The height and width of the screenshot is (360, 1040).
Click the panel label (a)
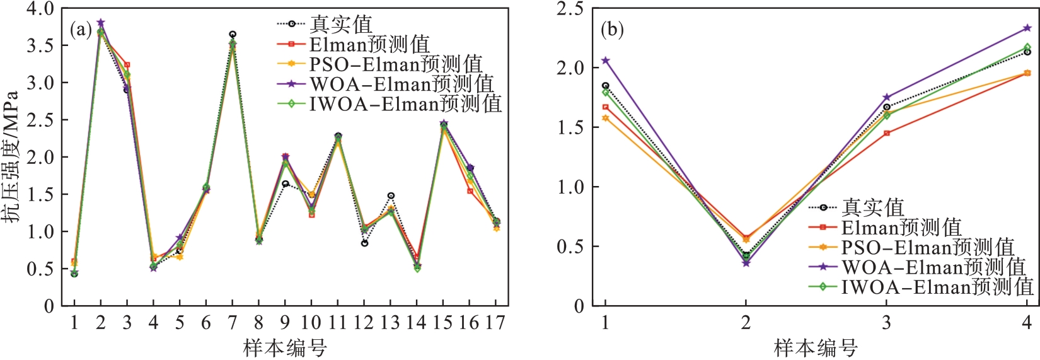tap(81, 30)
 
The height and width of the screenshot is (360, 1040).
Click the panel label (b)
tap(612, 30)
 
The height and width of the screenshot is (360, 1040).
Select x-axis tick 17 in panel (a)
tap(495, 323)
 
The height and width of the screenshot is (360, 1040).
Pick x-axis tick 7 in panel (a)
tap(233, 323)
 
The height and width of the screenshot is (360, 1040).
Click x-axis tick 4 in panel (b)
tap(1027, 323)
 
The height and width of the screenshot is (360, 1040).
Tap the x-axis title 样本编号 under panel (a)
tap(285, 347)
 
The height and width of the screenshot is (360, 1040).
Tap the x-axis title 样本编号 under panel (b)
tap(816, 347)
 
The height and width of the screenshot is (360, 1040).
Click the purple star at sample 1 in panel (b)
tap(606, 61)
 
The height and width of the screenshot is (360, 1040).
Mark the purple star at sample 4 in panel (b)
tap(1027, 28)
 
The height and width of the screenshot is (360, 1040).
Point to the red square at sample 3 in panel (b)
tap(887, 134)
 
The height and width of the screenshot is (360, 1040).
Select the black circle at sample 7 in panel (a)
tap(233, 34)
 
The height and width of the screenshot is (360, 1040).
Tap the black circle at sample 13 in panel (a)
tap(391, 196)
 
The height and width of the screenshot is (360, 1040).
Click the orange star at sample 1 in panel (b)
tap(606, 118)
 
